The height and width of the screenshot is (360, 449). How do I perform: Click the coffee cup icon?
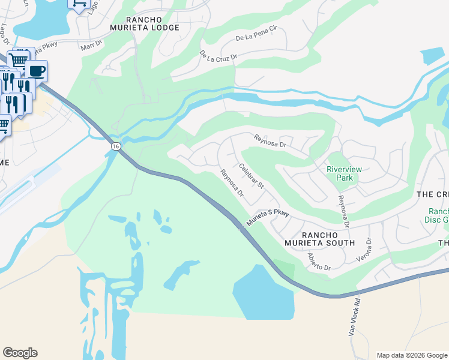(37, 70)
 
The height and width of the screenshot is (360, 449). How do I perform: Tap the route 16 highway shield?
(115, 146)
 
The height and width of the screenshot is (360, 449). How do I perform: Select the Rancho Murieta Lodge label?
(145, 23)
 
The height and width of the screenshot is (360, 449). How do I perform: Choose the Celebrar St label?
(252, 176)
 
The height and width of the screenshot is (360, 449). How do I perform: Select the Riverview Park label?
(344, 173)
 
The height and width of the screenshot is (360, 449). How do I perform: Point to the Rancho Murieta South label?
(328, 238)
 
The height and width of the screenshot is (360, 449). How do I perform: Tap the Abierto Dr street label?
(319, 261)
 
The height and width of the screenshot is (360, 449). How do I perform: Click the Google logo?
(20, 353)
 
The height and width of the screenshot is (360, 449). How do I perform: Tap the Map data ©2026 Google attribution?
(411, 355)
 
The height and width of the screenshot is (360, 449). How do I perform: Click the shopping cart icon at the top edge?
(79, 4)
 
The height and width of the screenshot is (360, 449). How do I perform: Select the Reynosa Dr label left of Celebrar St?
(231, 184)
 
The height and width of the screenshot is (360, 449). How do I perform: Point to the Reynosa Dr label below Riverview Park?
(343, 211)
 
